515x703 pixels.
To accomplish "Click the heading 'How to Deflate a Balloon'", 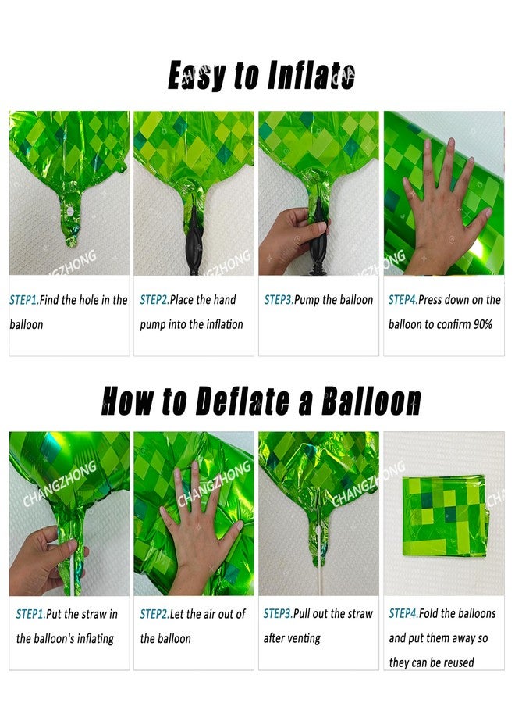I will point(261,401).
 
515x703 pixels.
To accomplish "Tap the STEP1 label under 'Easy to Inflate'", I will point(23,300).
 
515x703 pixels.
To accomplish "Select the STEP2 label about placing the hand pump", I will point(154,300).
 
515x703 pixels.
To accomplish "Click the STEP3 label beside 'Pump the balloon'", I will point(279,300).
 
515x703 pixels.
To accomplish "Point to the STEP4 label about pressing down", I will point(403,300).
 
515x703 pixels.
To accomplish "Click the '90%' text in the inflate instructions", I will point(483,324).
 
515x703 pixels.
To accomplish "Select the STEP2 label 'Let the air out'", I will point(154,614).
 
